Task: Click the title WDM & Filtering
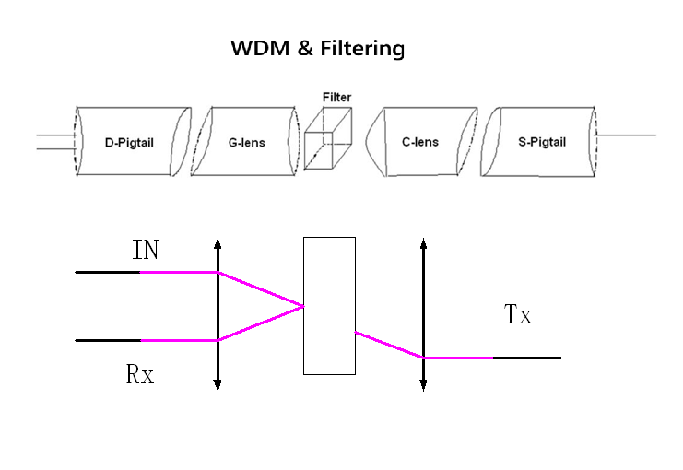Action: [318, 49]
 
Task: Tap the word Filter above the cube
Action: [336, 98]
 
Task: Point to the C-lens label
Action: [419, 142]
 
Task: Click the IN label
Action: [146, 250]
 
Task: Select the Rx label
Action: [140, 375]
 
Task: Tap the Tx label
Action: [518, 315]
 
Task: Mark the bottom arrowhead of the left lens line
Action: [218, 386]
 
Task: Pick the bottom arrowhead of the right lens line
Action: [423, 386]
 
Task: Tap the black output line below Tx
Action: [527, 358]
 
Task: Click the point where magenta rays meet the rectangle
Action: [304, 307]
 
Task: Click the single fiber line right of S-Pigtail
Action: [627, 135]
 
